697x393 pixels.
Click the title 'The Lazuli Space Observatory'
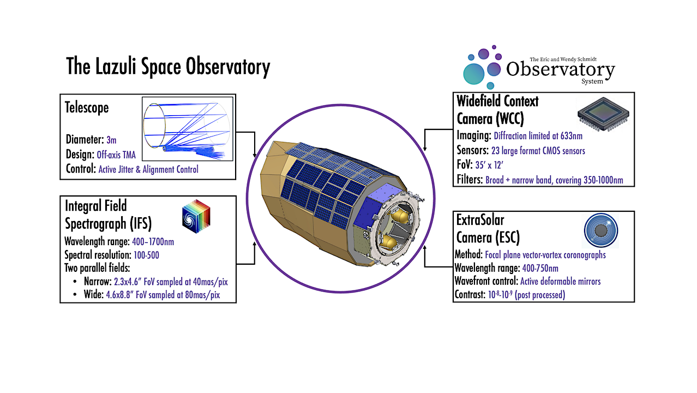168,67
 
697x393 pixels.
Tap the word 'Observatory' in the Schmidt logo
560,69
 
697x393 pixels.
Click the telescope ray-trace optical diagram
187,129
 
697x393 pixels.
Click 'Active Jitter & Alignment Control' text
148,169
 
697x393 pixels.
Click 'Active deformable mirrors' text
561,282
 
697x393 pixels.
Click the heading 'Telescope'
87,108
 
